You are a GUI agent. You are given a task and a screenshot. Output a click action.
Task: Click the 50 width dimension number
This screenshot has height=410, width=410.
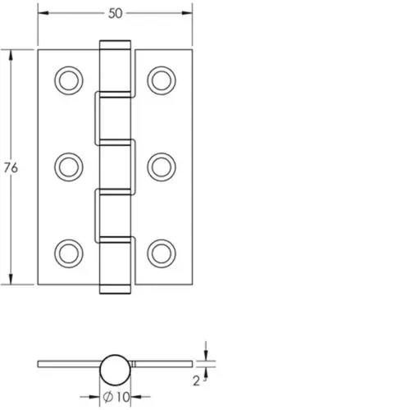(x=116, y=13)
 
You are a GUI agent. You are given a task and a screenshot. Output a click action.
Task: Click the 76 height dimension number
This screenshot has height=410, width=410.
(x=10, y=168)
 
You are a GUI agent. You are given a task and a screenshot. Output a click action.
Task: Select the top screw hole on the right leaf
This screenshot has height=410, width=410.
(x=161, y=80)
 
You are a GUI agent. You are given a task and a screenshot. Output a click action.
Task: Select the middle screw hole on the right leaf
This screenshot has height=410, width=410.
(x=161, y=166)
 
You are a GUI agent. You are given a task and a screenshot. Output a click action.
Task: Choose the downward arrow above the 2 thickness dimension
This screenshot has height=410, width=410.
(x=206, y=353)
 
